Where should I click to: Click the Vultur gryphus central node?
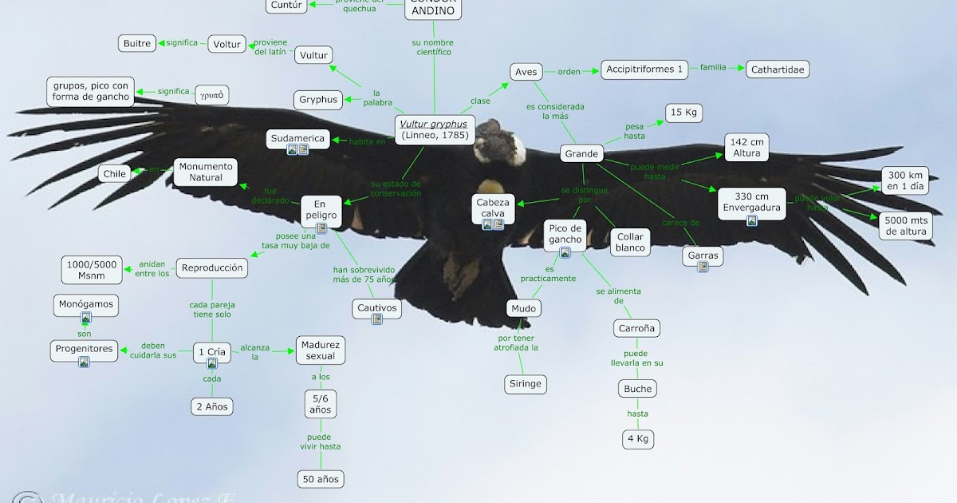pyautogui.click(x=435, y=129)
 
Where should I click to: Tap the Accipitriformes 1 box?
pyautogui.click(x=644, y=69)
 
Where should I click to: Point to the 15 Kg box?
pyautogui.click(x=683, y=113)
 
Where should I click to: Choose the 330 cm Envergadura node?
pyautogui.click(x=751, y=203)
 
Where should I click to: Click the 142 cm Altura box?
pyautogui.click(x=747, y=147)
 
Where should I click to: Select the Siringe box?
pyautogui.click(x=525, y=383)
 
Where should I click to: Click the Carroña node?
pyautogui.click(x=637, y=328)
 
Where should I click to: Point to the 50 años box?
pyautogui.click(x=321, y=479)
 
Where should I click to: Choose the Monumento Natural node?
pyautogui.click(x=206, y=172)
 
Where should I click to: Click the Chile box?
pyautogui.click(x=113, y=173)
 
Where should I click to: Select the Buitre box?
pyautogui.click(x=136, y=43)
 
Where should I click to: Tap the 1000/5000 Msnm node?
pyautogui.click(x=93, y=270)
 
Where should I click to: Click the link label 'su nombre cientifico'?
pyautogui.click(x=431, y=47)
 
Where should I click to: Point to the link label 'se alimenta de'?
pyautogui.click(x=618, y=296)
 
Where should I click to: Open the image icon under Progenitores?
pyautogui.click(x=84, y=362)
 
